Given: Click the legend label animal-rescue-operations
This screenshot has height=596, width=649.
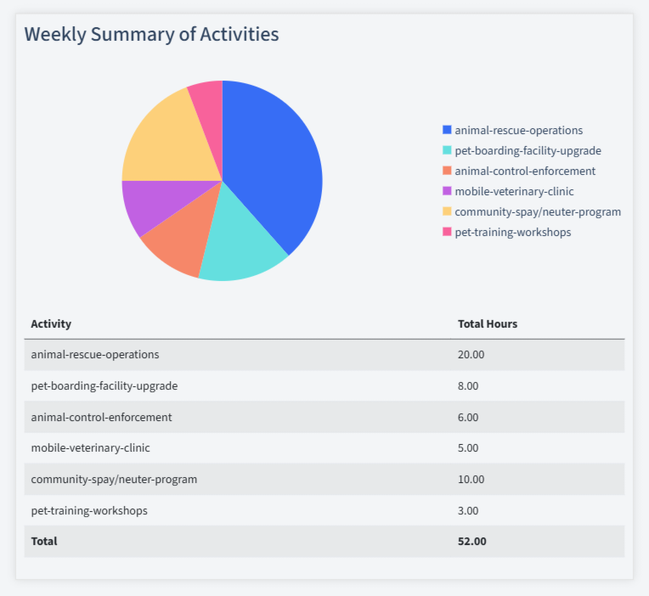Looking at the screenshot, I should click(518, 130).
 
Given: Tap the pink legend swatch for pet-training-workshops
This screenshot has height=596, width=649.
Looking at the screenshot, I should click(447, 232).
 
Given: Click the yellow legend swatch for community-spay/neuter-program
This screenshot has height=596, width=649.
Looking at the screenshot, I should click(447, 211).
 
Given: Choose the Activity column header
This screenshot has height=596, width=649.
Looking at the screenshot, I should click(51, 323).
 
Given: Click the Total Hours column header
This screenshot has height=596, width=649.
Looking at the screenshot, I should click(488, 323).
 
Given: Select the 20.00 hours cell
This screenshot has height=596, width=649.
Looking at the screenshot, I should click(471, 354).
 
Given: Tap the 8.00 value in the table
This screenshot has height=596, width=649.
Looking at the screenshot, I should click(468, 385).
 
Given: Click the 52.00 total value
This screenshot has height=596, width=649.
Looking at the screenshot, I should click(471, 541).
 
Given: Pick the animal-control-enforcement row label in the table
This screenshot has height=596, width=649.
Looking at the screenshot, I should click(101, 417).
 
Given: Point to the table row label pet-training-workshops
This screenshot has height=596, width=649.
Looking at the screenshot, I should click(89, 510).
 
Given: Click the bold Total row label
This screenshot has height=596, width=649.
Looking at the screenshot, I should click(44, 541).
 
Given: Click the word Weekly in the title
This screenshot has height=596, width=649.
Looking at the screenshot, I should click(54, 34).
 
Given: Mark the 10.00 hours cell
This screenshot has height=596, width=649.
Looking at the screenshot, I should click(471, 479).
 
